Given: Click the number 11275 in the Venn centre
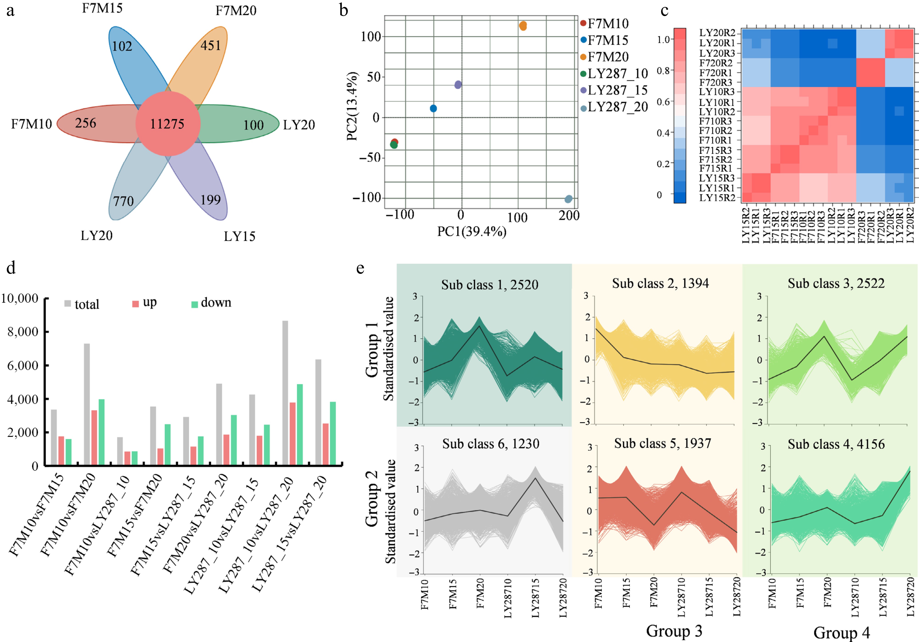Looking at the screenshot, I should pos(167,124).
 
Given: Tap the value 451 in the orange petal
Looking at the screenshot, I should pos(211,46).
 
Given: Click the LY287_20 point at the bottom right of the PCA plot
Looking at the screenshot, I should pos(568,199).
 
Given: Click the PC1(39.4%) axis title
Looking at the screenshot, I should pos(471,231).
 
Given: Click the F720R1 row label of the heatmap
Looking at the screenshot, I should pos(716,73).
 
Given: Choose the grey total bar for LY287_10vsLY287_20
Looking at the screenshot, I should pos(285,392).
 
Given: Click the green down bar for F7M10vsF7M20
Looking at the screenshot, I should pos(101,432).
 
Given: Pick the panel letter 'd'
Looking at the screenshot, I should pos(11,267).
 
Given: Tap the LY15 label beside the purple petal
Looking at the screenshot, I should pos(239,236).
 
